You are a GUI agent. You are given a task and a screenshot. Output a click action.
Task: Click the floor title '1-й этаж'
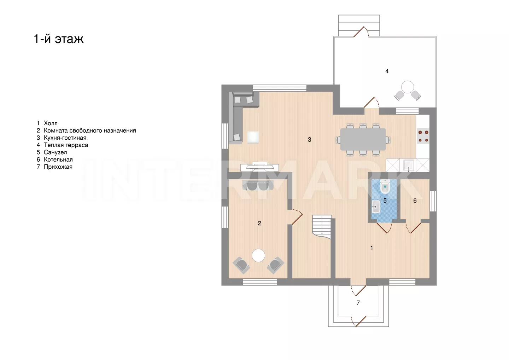point(59,39)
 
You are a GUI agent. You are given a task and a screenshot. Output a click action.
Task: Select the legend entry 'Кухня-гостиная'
point(65,138)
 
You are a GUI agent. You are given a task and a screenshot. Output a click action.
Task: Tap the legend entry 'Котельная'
point(58,159)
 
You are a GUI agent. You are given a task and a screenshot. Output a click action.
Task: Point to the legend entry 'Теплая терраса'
point(66,145)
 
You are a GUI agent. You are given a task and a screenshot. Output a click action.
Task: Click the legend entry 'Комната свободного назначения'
point(90,130)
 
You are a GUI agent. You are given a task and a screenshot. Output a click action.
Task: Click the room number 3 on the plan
point(309,140)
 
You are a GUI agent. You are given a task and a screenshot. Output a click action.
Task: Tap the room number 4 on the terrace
point(387,71)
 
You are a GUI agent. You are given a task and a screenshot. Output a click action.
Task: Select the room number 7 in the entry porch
point(358,303)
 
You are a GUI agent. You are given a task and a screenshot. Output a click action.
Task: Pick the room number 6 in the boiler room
point(415,201)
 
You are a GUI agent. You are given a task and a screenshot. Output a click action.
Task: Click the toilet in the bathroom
point(385,186)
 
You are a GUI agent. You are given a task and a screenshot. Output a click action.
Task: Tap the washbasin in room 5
point(376,207)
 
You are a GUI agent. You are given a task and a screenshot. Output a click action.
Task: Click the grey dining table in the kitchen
point(363,139)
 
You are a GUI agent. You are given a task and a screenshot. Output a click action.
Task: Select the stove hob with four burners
point(423,136)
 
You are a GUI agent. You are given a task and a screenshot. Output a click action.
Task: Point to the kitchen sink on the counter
point(409,165)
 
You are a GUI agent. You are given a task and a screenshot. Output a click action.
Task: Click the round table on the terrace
point(408,87)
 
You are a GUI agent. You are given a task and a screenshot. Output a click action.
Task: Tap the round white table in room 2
point(258,255)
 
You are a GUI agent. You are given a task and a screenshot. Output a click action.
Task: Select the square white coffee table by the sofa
point(253,137)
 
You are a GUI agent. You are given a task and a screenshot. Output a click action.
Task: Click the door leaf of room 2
point(297,219)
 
